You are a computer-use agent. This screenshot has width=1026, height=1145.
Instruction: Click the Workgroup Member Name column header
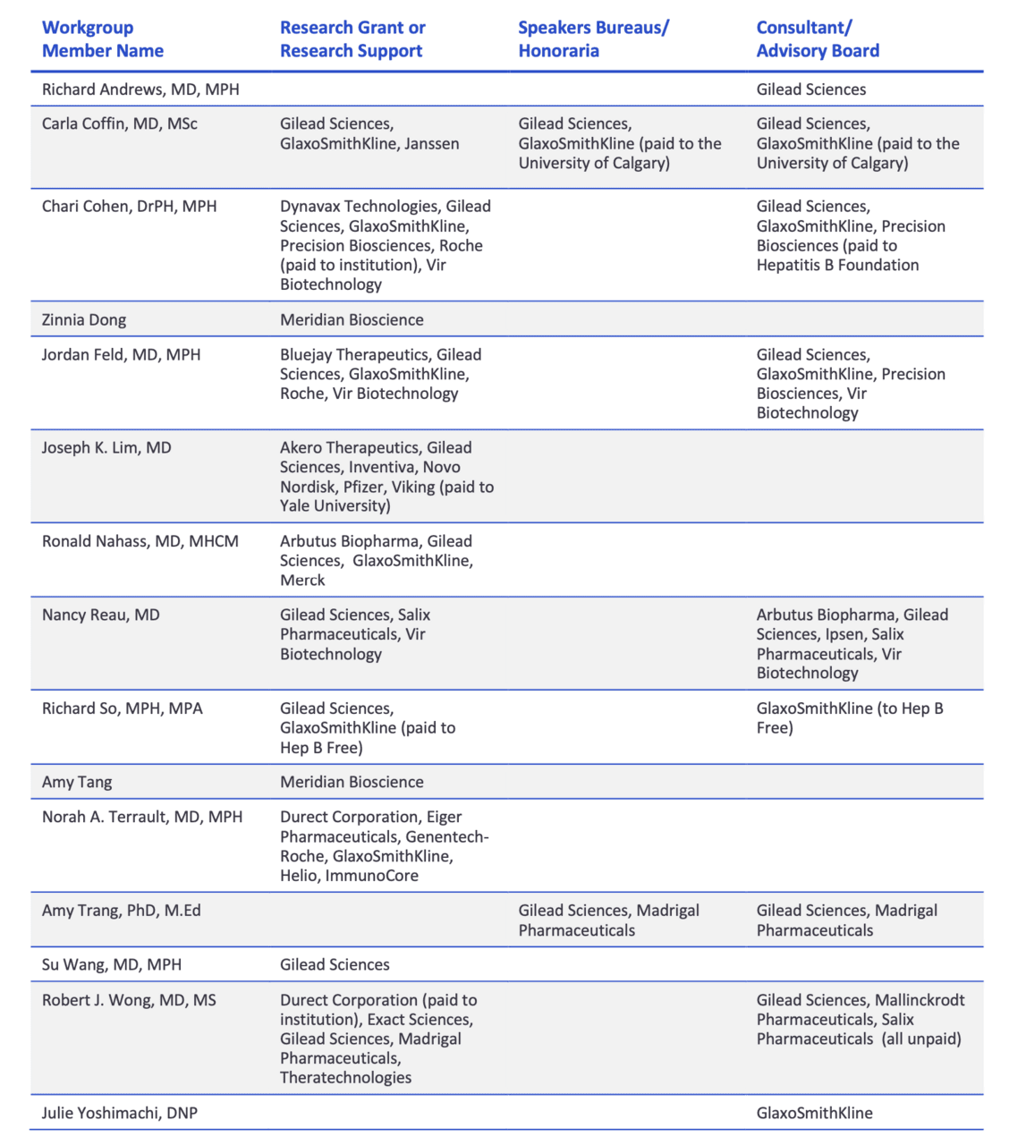103,39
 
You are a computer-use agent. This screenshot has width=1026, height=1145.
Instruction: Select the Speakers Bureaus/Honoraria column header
593,39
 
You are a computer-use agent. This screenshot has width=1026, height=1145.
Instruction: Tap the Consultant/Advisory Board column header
818,39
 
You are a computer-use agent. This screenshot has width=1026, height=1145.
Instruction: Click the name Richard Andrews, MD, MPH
140,89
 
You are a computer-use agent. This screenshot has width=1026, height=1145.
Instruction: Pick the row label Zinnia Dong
84,320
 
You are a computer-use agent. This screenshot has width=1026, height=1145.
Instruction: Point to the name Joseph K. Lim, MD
106,447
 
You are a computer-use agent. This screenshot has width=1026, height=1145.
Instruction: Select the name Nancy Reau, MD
101,615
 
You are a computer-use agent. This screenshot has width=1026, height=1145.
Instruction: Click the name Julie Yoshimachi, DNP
120,1113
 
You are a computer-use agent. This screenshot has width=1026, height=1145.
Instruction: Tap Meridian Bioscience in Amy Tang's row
352,782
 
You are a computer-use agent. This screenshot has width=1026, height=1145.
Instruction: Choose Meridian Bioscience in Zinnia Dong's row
352,320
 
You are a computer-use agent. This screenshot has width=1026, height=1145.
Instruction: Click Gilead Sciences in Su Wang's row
335,964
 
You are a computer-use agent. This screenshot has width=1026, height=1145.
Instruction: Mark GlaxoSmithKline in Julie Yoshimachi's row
814,1113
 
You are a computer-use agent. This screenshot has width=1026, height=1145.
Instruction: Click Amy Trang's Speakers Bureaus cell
608,920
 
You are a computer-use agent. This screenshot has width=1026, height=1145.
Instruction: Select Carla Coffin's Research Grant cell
369,134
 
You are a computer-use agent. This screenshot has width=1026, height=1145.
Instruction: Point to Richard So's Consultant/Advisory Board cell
849,718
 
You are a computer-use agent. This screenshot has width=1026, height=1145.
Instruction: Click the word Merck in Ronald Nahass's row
302,580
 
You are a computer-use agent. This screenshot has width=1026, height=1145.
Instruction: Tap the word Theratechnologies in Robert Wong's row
345,1078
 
